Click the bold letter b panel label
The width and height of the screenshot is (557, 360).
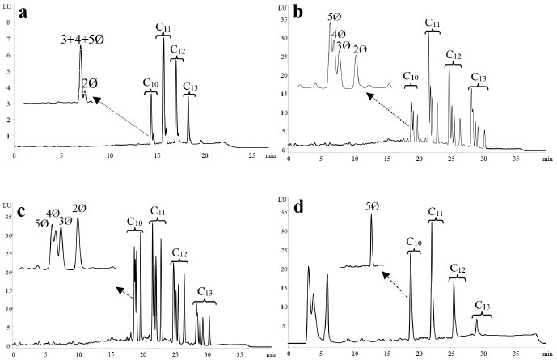pos(298,12)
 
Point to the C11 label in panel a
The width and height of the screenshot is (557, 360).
pos(163,29)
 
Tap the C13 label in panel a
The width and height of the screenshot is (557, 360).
pos(190,87)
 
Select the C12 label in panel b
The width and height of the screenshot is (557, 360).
pos(453,57)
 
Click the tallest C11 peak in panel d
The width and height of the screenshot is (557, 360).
pos(432,222)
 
